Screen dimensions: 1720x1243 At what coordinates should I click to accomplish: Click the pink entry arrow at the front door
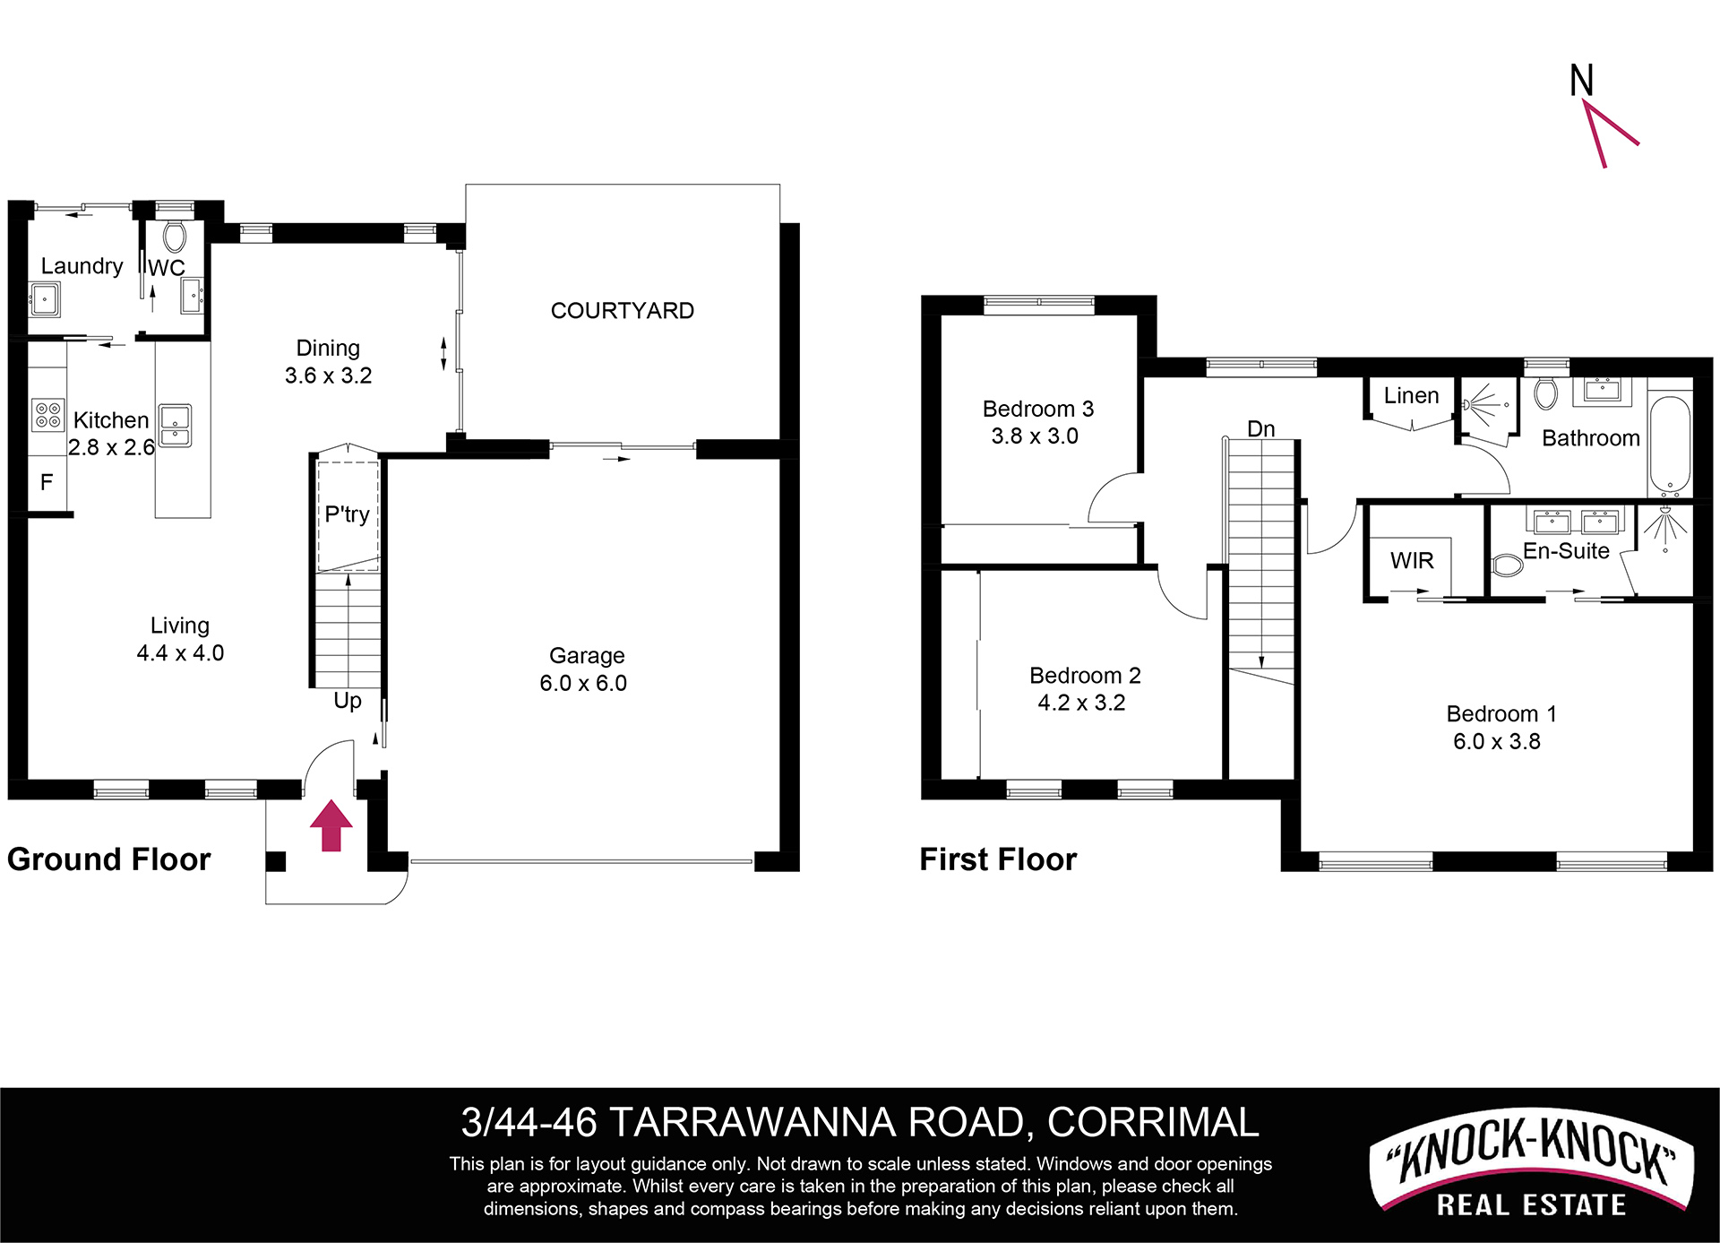tap(331, 825)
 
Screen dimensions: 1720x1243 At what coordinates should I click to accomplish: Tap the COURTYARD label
tap(623, 311)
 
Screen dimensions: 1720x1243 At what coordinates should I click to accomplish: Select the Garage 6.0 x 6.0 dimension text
tap(583, 683)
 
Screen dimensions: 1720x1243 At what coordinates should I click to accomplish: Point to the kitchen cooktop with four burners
tap(47, 415)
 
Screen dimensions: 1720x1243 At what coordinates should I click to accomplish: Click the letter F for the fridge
tap(47, 482)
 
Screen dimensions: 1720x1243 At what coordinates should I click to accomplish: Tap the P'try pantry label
tap(347, 514)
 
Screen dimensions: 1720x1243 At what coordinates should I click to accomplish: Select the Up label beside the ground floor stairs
tap(348, 700)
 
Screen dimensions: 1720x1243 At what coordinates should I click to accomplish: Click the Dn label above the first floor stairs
tap(1261, 428)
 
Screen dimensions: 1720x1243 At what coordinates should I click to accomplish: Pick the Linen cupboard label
tap(1411, 395)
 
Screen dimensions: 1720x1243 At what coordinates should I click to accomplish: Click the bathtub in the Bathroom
tap(1670, 445)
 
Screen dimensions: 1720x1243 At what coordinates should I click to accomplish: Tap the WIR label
tap(1412, 560)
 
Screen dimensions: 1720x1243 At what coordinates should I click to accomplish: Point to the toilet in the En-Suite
tap(1508, 565)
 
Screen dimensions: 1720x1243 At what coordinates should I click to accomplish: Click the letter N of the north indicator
tap(1582, 81)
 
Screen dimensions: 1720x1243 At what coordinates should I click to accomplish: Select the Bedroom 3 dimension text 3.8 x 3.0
tap(1035, 436)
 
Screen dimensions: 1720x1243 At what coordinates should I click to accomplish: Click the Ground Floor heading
tap(108, 859)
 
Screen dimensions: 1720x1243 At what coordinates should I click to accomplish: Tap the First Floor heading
tap(998, 859)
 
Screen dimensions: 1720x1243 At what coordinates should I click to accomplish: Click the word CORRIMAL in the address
tap(1153, 1122)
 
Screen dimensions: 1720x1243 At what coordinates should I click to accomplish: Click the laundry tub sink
tap(45, 299)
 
